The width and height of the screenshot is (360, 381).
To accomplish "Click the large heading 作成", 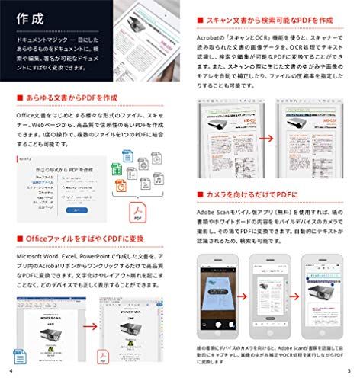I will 27,16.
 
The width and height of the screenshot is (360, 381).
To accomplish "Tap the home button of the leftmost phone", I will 219,336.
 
